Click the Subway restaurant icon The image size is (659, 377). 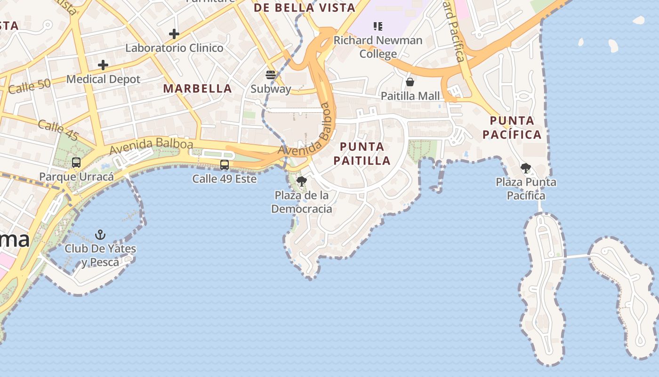270,74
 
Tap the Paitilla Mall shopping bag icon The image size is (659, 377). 410,82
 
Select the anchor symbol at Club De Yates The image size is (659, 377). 100,234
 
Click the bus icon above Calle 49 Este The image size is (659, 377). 225,165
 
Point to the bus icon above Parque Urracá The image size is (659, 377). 76,163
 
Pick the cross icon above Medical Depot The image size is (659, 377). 103,65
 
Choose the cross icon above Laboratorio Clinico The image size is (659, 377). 174,34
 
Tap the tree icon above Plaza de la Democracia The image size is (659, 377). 302,181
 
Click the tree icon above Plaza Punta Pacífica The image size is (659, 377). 526,168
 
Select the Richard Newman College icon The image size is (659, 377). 378,26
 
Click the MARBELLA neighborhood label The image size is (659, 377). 197,89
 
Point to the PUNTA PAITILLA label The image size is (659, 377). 362,154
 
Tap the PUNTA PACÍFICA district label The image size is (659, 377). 512,128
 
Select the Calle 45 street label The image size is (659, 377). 58,131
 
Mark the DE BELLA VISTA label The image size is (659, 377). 305,8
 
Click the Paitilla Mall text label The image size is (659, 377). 410,96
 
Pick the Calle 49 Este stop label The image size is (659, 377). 224,179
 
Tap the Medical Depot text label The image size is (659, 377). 103,79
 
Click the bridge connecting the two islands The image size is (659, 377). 577,257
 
